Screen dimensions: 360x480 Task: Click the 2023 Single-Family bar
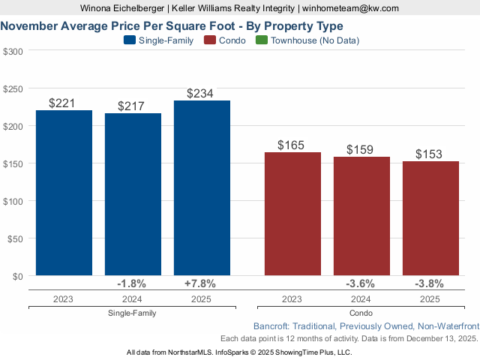64,193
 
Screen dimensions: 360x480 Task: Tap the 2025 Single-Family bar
202,187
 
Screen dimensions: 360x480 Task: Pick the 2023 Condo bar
292,214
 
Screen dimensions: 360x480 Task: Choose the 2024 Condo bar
361,216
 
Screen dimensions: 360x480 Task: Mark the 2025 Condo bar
430,218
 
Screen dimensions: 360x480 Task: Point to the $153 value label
430,154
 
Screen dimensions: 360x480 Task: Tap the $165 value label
292,145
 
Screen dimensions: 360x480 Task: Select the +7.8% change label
200,284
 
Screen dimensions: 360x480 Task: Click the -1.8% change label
132,284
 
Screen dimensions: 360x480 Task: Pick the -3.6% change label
360,284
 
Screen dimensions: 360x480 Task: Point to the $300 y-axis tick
13,51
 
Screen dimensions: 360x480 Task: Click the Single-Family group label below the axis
132,313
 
